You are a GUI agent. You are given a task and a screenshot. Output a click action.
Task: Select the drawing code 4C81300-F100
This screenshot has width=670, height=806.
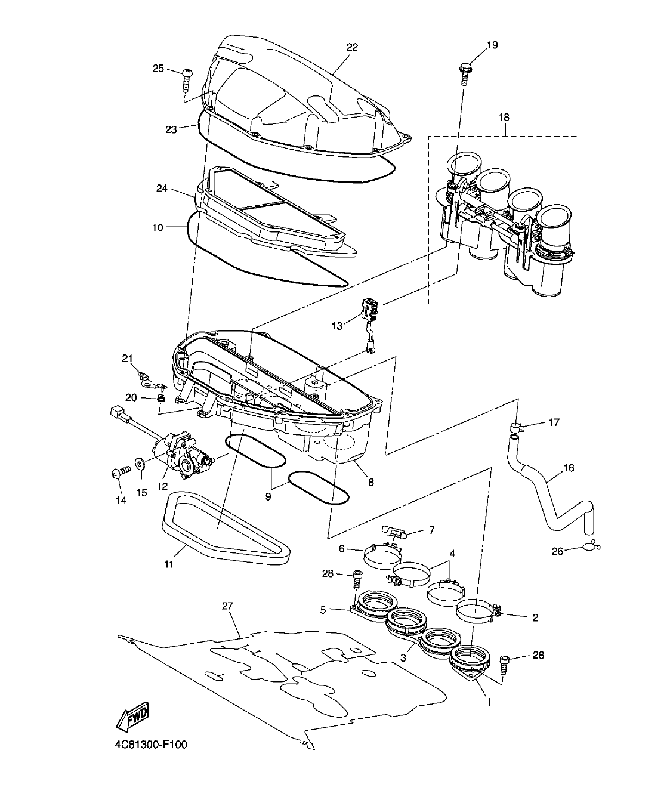153,745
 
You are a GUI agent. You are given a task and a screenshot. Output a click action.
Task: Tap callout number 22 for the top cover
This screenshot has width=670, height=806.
352,47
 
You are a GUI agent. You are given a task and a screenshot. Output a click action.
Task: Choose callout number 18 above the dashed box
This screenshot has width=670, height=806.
504,117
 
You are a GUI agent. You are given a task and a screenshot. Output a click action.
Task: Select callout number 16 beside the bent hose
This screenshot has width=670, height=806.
568,468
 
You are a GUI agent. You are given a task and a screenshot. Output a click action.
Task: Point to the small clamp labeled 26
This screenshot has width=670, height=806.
593,545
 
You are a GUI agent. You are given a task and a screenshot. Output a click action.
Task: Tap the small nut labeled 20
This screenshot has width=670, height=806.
160,397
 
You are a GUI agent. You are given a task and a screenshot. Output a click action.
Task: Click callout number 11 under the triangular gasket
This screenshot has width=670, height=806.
169,564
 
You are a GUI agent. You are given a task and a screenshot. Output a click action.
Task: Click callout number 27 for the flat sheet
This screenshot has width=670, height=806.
227,606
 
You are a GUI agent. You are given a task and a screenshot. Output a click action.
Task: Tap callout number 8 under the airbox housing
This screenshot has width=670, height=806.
370,482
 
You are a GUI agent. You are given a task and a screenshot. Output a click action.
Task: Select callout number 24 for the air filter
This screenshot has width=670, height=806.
162,189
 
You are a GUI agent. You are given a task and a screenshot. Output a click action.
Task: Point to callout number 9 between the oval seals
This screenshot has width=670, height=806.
268,496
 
